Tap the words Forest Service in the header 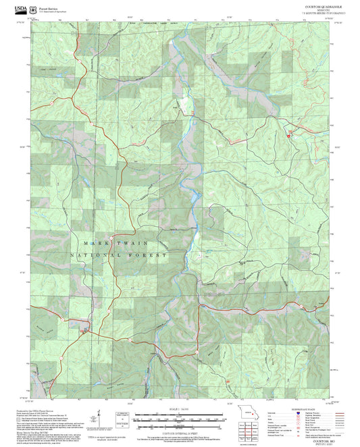pyautogui.click(x=47, y=7)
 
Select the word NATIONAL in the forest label pyautogui.click(x=95, y=256)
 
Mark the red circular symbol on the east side pyautogui.click(x=290, y=136)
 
